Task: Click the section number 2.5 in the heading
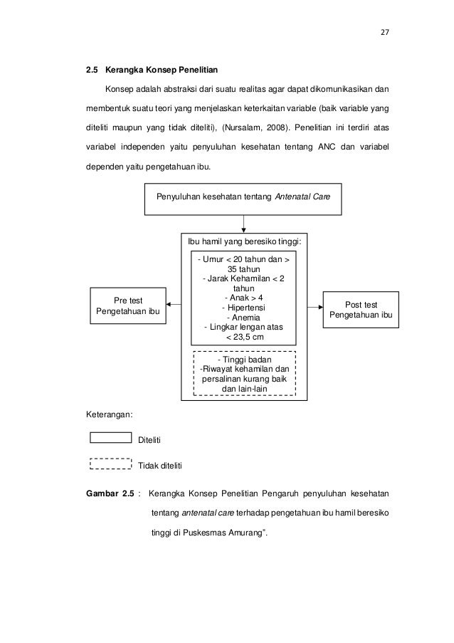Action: coord(92,70)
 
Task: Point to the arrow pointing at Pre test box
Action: coord(174,306)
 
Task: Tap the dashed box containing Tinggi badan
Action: coord(244,375)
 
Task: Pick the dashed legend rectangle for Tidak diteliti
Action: coord(111,464)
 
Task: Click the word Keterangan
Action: coord(109,413)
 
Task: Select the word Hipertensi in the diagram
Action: coord(243,308)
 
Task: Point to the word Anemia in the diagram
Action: coord(243,318)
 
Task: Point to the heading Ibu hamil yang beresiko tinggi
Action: coord(244,242)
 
